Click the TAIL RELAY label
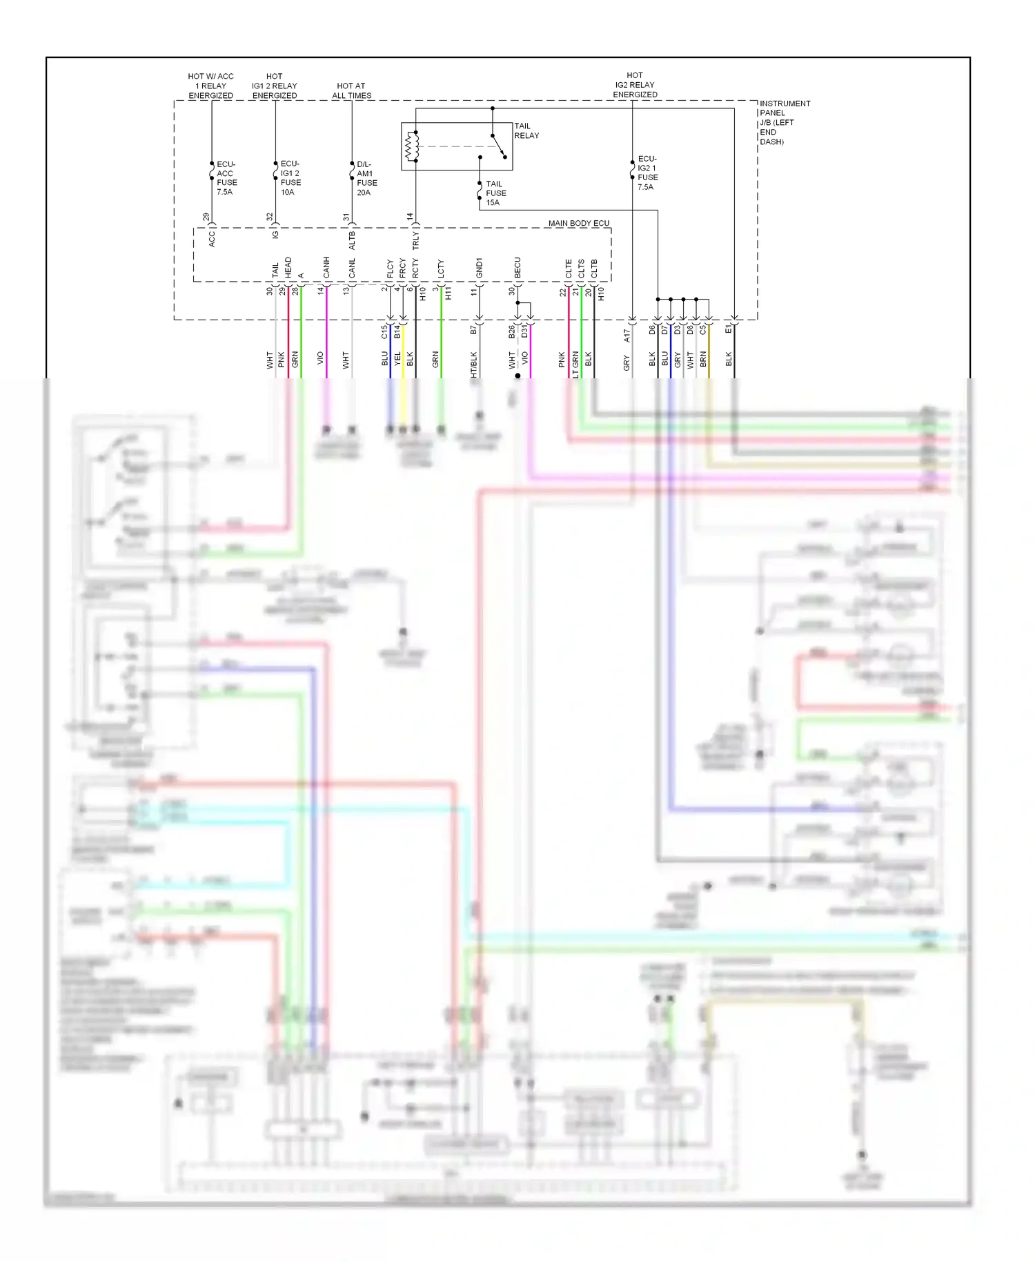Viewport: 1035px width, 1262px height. pyautogui.click(x=526, y=130)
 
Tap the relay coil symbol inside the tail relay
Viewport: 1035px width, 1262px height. pyautogui.click(x=411, y=146)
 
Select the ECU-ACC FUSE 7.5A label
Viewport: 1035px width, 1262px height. pyautogui.click(x=226, y=178)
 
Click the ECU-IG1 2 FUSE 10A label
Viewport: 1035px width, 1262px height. pyautogui.click(x=290, y=178)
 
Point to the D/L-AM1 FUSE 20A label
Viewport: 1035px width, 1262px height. pyautogui.click(x=366, y=179)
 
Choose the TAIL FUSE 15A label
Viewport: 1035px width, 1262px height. pyautogui.click(x=495, y=193)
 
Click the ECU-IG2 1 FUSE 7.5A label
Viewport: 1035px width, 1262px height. pyautogui.click(x=647, y=173)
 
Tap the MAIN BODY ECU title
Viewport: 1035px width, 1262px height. pyautogui.click(x=578, y=223)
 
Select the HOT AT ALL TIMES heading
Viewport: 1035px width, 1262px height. pyautogui.click(x=351, y=90)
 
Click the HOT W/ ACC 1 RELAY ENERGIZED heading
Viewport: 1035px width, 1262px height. pyautogui.click(x=210, y=86)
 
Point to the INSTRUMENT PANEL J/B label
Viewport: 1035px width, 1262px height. pyautogui.click(x=784, y=122)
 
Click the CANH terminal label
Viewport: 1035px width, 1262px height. pyautogui.click(x=326, y=267)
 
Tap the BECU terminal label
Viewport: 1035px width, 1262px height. pyautogui.click(x=517, y=268)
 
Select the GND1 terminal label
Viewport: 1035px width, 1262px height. pyautogui.click(x=479, y=268)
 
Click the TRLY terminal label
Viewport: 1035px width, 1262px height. pyautogui.click(x=415, y=240)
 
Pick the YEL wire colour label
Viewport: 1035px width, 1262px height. pyautogui.click(x=397, y=358)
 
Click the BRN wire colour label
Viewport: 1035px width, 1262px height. pyautogui.click(x=703, y=358)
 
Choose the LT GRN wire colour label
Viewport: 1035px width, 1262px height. pyautogui.click(x=575, y=365)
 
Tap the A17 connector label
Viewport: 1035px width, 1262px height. pyautogui.click(x=627, y=335)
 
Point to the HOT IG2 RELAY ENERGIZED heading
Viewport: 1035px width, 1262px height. pyautogui.click(x=634, y=85)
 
